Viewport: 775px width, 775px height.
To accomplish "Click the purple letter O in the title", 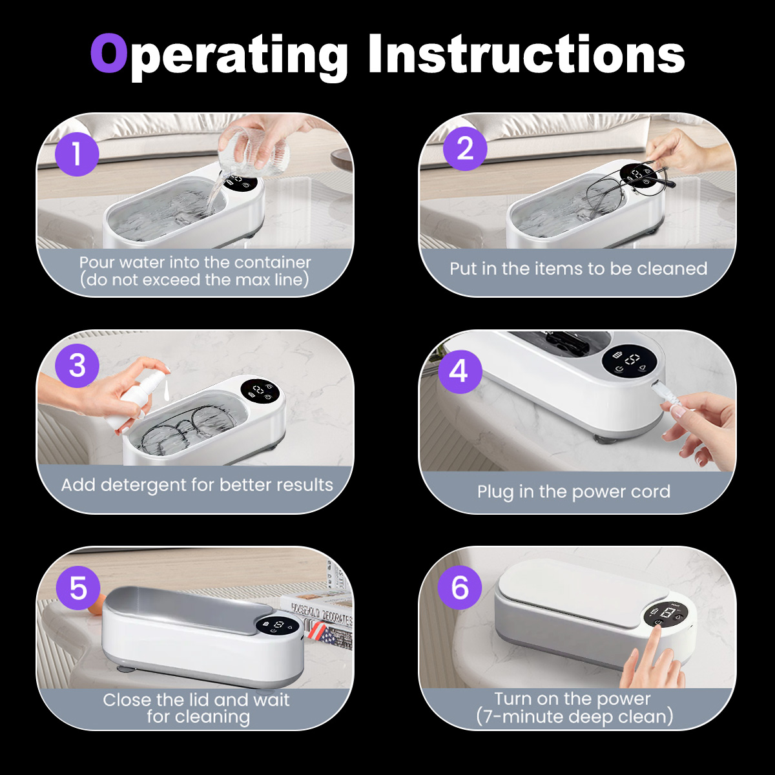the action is pos(108,53).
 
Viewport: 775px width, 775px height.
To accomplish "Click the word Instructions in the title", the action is pos(526,54).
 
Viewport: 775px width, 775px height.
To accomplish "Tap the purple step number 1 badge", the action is pos(77,154).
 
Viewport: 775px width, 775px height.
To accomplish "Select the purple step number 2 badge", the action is pos(465,149).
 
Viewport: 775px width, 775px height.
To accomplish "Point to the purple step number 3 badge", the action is pos(77,366).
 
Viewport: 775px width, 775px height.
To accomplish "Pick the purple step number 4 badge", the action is pos(460,371).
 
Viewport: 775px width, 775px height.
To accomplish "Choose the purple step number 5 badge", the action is pos(78,588).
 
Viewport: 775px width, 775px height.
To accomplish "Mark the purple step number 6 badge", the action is pos(460,588).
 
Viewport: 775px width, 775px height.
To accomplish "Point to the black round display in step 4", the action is pos(630,362).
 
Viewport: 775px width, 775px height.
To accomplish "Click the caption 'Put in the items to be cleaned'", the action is pos(578,269).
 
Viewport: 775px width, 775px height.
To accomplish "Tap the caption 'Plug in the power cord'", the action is pos(573,492).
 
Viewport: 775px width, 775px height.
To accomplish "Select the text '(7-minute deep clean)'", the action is pos(574,717).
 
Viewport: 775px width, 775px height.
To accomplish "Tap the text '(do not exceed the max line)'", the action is pos(194,280).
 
